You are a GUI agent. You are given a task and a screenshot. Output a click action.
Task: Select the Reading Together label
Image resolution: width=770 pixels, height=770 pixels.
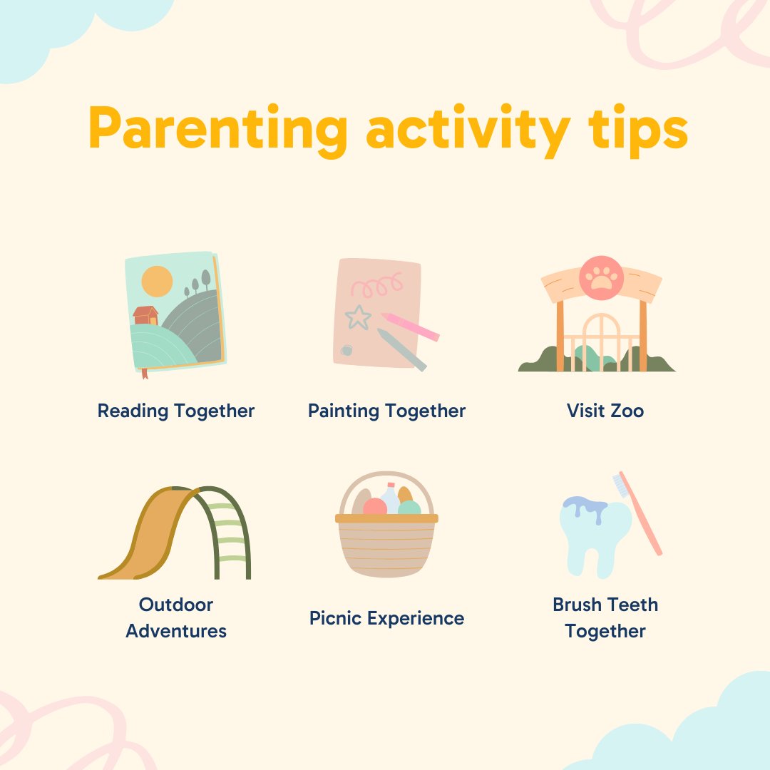pos(176,411)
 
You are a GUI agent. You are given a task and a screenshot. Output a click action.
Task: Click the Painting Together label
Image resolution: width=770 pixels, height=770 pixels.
pos(386,411)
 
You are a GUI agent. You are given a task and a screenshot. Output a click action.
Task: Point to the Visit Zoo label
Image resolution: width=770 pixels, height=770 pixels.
pos(605,411)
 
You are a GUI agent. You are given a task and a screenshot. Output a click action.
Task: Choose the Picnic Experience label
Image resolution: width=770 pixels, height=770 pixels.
pos(386,618)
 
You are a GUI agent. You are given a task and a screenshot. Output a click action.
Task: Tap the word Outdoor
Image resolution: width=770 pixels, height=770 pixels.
pos(176,605)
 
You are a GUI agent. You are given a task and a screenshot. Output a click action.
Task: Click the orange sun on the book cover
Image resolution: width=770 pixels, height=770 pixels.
pos(157,281)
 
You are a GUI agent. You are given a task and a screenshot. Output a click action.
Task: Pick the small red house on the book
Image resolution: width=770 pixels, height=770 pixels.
pos(145,315)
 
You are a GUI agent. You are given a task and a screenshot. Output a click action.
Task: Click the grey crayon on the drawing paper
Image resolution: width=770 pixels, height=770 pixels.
pos(401,349)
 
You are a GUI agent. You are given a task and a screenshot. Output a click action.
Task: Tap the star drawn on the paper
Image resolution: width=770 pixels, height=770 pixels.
pos(358,317)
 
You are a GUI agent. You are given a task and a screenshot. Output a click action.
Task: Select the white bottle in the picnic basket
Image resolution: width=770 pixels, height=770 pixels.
pos(390,498)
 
